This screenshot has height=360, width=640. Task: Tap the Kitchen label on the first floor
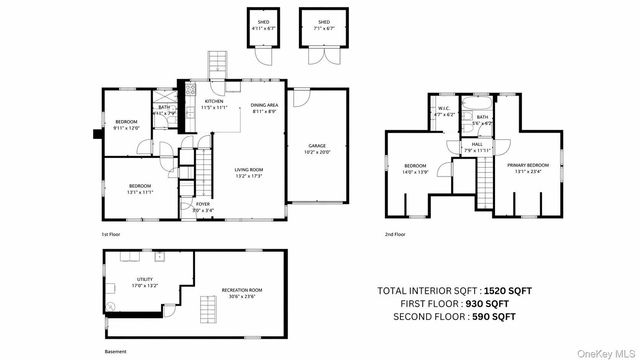pos(214,103)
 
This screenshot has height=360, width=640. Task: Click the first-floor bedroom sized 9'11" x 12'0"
pos(126,124)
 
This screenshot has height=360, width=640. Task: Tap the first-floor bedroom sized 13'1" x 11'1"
pos(139,187)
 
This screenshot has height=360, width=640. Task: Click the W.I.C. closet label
pos(445,112)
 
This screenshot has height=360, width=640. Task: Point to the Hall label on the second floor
pos(477,146)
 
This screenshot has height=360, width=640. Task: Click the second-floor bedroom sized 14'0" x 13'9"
pos(415,167)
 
